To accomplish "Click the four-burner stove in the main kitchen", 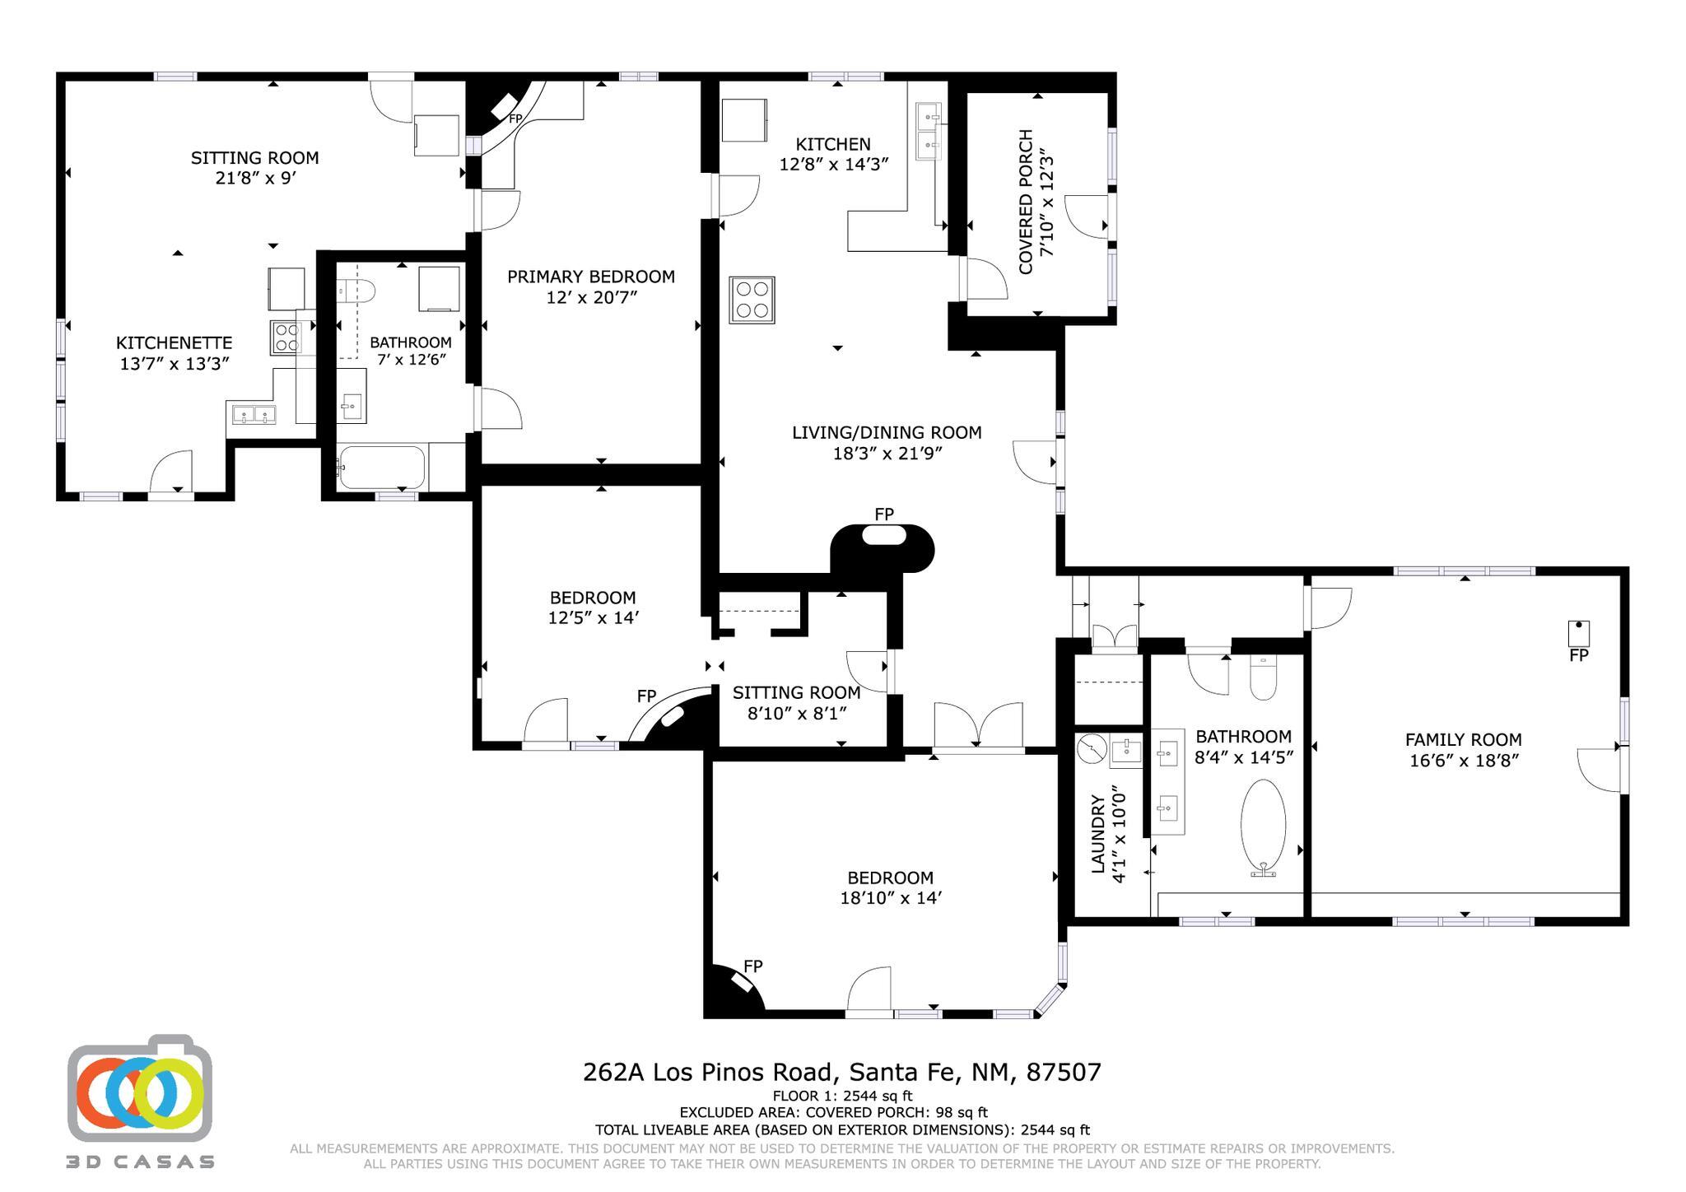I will [x=752, y=300].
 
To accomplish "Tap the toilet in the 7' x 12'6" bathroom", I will [x=357, y=291].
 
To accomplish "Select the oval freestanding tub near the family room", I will [x=1263, y=823].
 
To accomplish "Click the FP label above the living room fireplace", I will [x=884, y=515].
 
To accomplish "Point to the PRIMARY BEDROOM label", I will [x=590, y=277].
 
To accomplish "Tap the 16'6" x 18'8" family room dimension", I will [x=1463, y=761].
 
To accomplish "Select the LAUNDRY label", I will [x=1097, y=833].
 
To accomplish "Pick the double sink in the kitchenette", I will [x=254, y=415].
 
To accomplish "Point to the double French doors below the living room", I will [x=978, y=726].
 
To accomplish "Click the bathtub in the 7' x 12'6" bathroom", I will [x=381, y=468].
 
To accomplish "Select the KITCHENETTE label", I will [x=174, y=342].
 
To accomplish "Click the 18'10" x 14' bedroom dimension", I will [x=891, y=898].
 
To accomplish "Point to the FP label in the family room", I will [x=1578, y=656].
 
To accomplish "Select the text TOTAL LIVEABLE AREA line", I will [x=841, y=1130].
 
